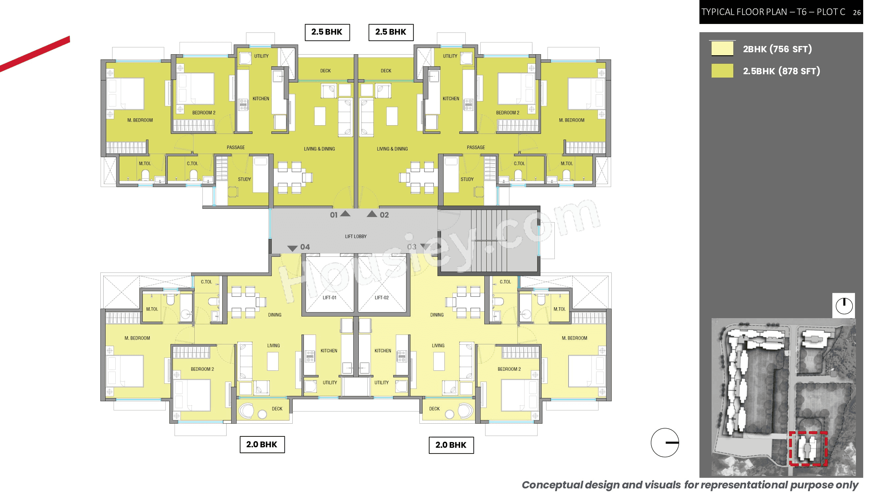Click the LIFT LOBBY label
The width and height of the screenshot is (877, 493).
[x=355, y=236]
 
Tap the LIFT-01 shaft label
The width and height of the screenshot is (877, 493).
[x=329, y=298]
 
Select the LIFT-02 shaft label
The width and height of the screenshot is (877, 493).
[x=381, y=298]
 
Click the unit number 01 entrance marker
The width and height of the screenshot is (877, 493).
[x=339, y=214]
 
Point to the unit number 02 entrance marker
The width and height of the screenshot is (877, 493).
[x=378, y=214]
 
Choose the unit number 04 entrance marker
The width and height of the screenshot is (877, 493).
[x=299, y=247]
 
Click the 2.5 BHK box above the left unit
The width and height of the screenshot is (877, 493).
[x=327, y=32]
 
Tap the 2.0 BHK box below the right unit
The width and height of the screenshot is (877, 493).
[x=451, y=445]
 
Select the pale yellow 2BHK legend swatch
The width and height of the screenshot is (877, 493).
[x=722, y=48]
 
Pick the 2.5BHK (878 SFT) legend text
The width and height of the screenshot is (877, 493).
[x=781, y=71]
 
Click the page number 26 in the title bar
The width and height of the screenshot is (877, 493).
[x=857, y=12]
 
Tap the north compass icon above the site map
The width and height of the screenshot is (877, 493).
[x=844, y=306]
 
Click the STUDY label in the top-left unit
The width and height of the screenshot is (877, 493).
[x=244, y=179]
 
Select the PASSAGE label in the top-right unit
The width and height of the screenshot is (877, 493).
[x=475, y=147]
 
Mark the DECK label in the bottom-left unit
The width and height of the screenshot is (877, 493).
[x=277, y=409]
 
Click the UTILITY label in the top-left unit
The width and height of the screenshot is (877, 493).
[x=261, y=56]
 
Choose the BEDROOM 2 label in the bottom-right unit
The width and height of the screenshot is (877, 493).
[x=509, y=369]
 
